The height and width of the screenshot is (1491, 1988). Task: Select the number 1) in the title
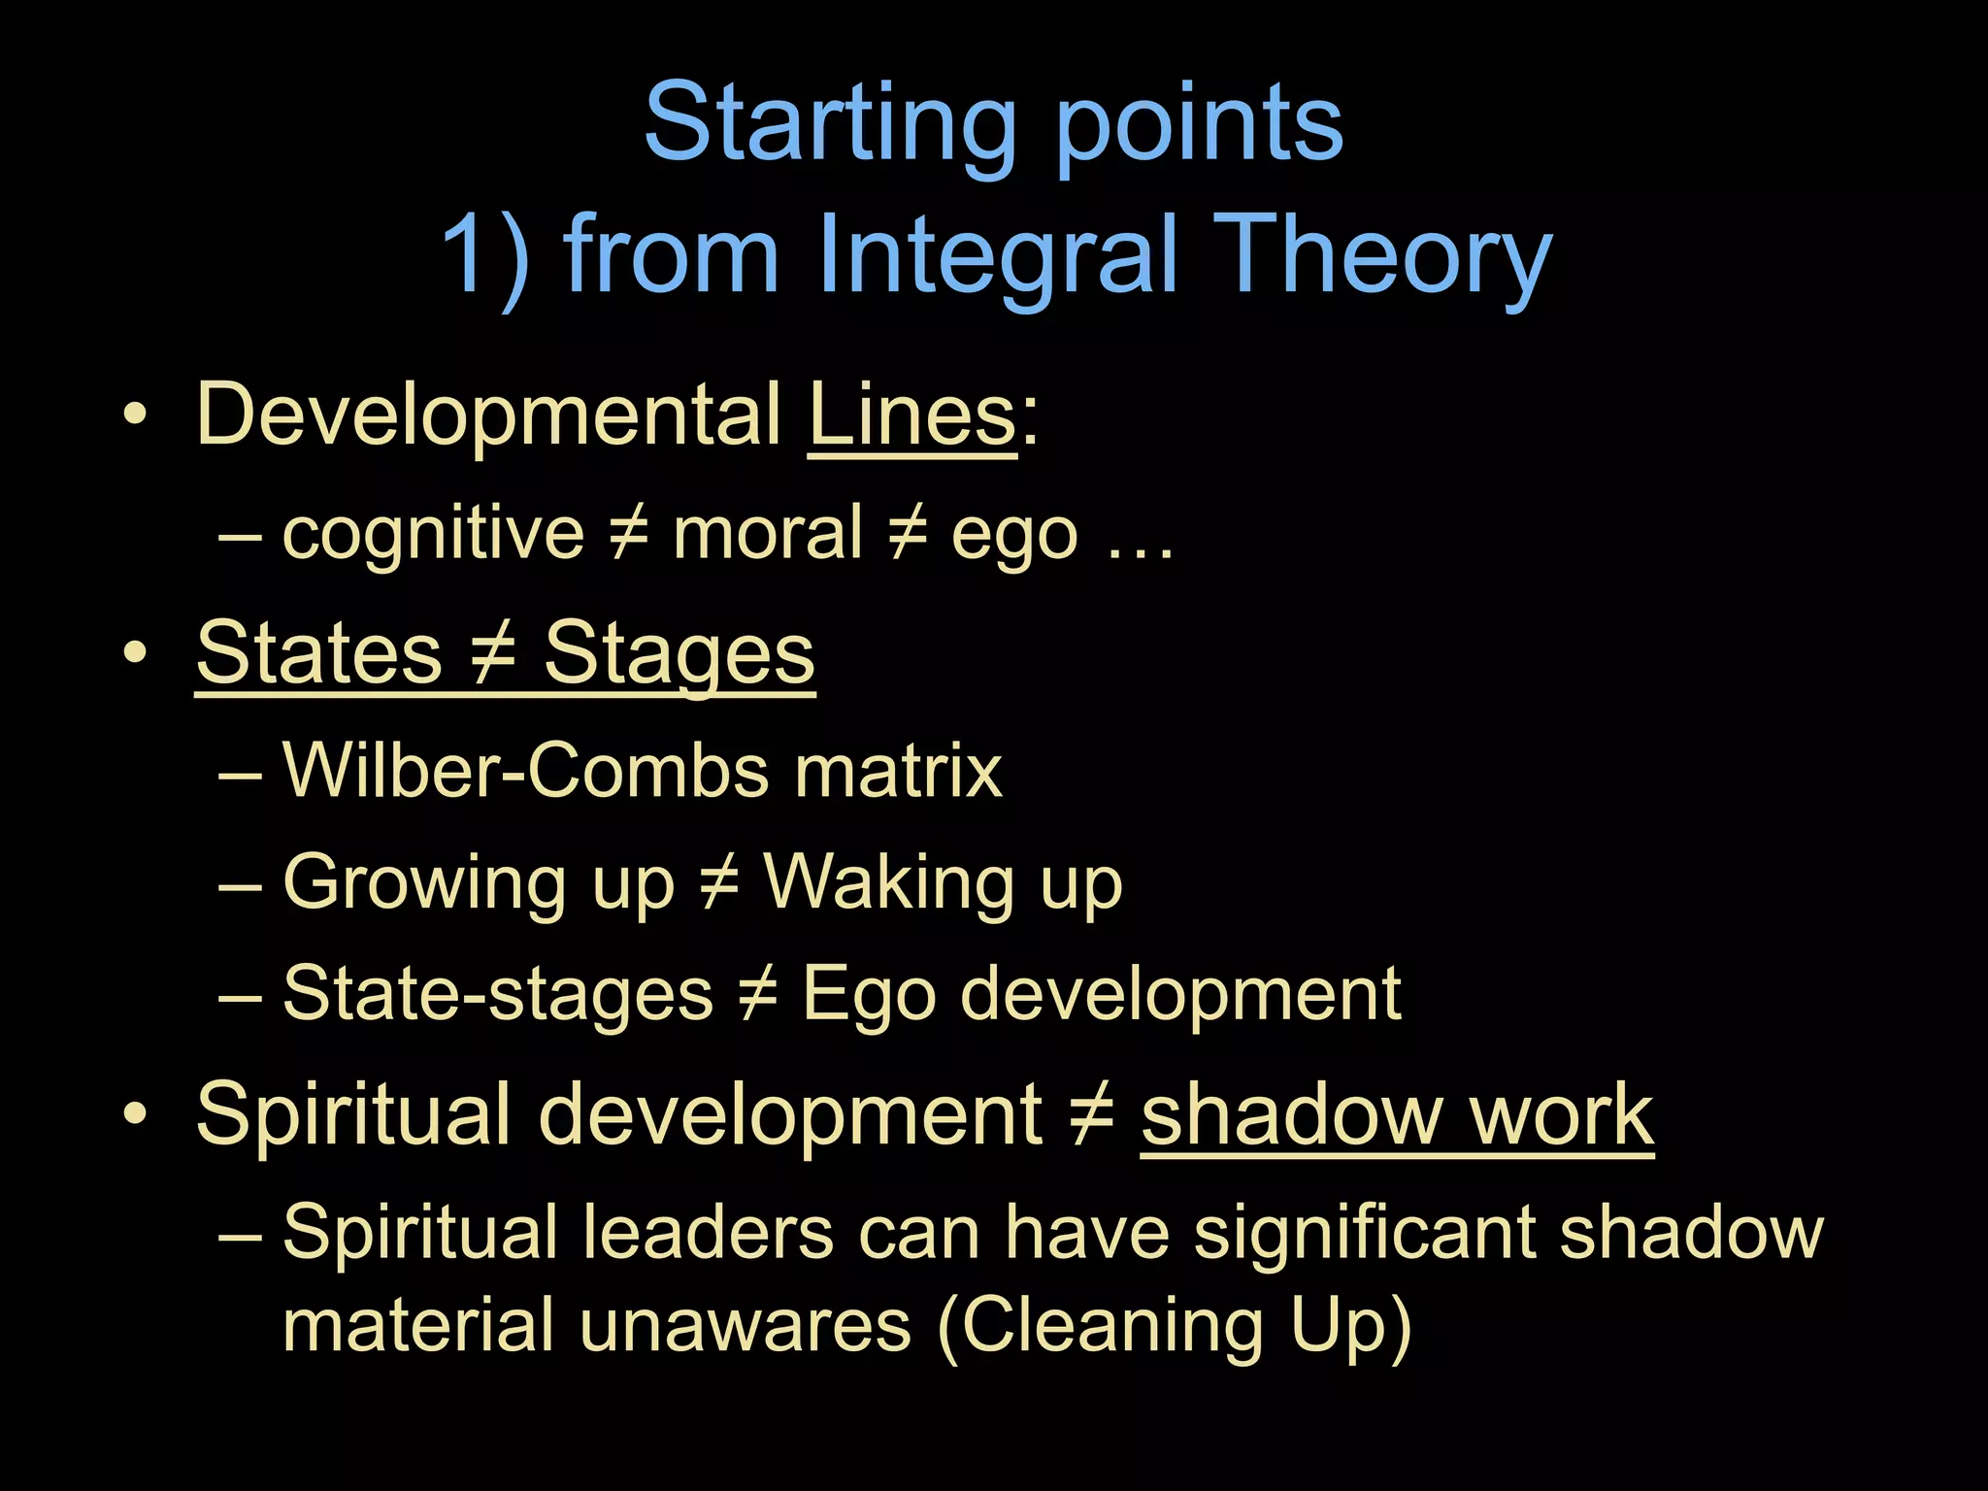point(485,254)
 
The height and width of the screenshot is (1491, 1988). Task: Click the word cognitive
point(433,533)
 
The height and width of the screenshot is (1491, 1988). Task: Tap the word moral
point(767,533)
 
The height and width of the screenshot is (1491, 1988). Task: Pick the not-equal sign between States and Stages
point(492,653)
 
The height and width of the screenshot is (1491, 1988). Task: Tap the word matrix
point(897,771)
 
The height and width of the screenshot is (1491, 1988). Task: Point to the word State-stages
point(497,994)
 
